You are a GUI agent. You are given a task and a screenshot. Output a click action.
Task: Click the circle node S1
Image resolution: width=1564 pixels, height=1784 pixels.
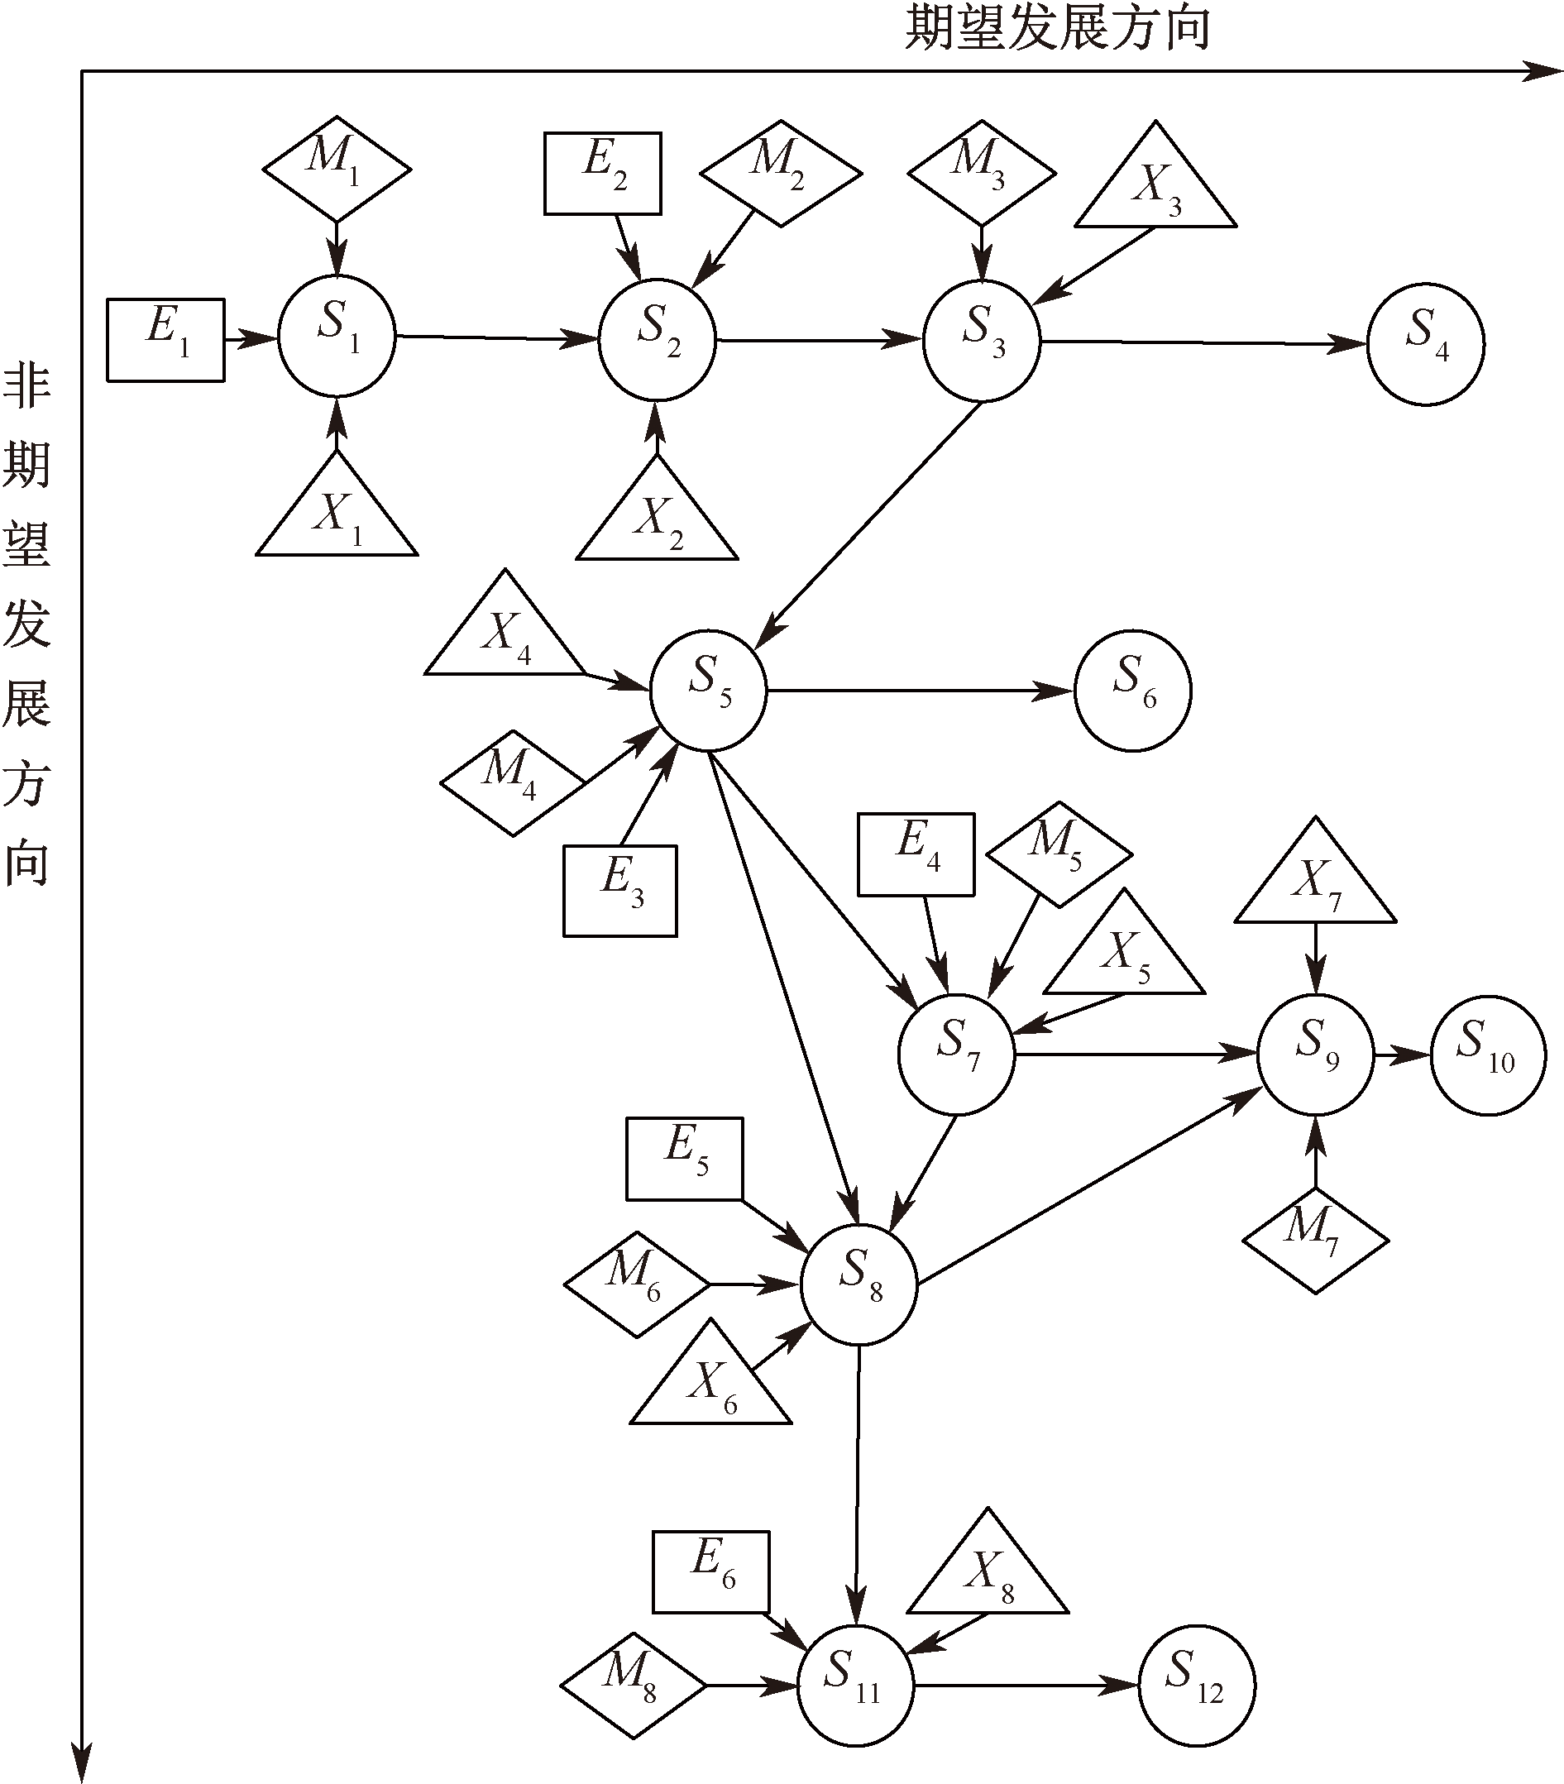[337, 337]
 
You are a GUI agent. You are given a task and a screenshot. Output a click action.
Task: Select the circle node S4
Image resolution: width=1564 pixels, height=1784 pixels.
[1425, 344]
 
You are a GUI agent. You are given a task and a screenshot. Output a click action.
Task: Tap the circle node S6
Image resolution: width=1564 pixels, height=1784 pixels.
[1133, 690]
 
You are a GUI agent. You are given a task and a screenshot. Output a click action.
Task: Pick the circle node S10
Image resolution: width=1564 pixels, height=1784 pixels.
[1488, 1055]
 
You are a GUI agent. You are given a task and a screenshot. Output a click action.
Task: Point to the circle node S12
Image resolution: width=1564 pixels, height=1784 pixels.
[1197, 1686]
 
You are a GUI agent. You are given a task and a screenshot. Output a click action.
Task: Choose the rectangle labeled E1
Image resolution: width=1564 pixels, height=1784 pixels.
[165, 340]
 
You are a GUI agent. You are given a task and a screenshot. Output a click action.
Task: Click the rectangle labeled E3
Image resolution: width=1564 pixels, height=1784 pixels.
[619, 890]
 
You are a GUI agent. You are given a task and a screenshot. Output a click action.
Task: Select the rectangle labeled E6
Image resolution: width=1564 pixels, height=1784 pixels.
[710, 1572]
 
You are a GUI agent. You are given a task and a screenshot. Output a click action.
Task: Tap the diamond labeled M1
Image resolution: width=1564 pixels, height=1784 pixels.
[337, 169]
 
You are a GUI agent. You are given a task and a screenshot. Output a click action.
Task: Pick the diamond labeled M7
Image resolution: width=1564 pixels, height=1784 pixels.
[1314, 1240]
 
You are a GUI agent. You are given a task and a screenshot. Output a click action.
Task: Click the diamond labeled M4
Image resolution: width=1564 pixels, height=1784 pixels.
[512, 782]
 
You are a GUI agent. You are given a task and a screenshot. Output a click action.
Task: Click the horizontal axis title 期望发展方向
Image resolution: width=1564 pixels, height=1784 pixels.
[1057, 28]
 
